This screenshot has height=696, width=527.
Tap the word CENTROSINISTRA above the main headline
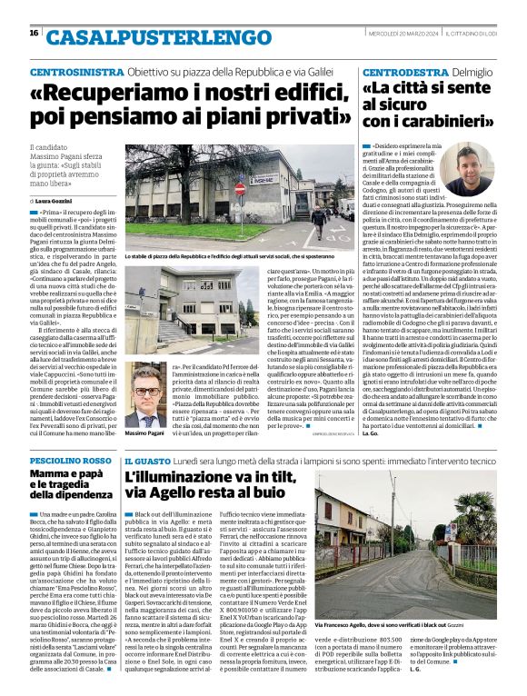coord(74,71)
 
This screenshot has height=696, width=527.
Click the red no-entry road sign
coord(240,189)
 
